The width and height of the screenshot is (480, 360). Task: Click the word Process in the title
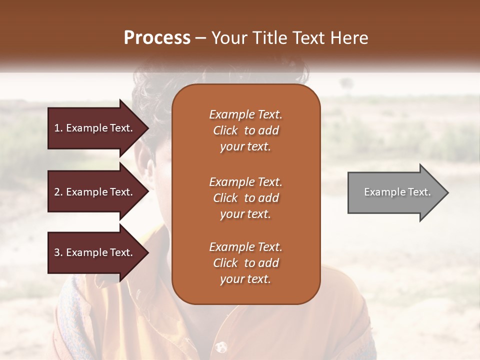(x=157, y=38)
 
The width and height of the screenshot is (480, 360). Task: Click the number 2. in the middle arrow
(x=58, y=192)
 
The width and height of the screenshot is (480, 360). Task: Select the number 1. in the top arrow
(x=58, y=128)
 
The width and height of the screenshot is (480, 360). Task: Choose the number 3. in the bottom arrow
(x=58, y=252)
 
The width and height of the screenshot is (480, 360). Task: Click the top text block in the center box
(x=245, y=130)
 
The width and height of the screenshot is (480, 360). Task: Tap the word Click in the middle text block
(x=225, y=198)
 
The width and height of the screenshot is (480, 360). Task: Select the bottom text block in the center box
(x=245, y=263)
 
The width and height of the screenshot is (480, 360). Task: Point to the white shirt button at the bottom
(x=219, y=346)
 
